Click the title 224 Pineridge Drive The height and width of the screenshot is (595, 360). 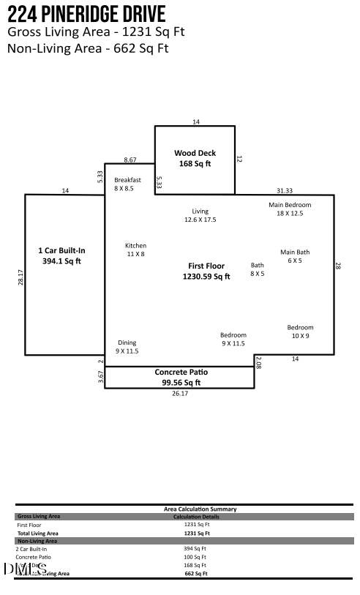[86, 13]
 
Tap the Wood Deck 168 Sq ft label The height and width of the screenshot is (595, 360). [195, 158]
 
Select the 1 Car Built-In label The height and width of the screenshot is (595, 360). [61, 255]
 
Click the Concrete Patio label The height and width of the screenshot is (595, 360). [181, 377]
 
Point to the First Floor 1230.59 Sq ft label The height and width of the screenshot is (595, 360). [206, 272]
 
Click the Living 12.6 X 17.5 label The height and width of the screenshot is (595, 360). [200, 215]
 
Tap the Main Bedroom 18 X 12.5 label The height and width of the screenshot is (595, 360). [290, 209]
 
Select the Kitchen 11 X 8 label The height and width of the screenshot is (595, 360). [135, 250]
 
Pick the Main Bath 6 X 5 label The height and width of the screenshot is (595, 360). [295, 256]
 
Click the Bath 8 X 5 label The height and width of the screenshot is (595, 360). [257, 269]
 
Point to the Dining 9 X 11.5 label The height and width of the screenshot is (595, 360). [127, 347]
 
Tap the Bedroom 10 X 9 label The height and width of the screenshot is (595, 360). [300, 332]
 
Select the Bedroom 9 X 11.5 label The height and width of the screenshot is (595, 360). [233, 339]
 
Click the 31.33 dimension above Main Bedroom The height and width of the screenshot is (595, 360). [284, 190]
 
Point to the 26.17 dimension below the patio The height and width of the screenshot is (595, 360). [180, 394]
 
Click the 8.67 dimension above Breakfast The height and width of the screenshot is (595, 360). [130, 159]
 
